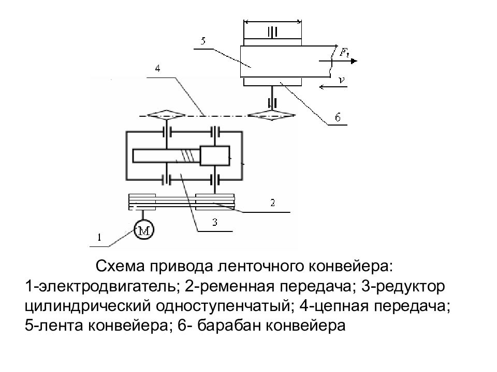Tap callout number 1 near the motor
pos(99,237)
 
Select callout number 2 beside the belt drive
pos(273,203)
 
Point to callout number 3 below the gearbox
pos(215,222)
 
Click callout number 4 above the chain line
pos(157,68)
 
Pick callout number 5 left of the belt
pos(203,41)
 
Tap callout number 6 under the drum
pos(338,117)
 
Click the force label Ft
pos(344,52)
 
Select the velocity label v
pos(341,80)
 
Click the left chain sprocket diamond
pos(166,115)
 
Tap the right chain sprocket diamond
pos(272,115)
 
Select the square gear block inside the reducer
pos(214,156)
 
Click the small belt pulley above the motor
pos(142,202)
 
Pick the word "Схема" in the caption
pos(121,267)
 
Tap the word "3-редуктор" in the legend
pos(403,286)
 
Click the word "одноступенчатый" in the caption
pos(223,306)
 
